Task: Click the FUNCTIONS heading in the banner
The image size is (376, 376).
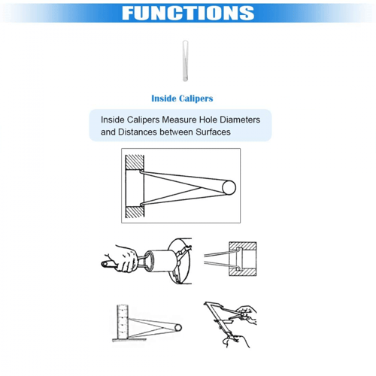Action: tap(188, 13)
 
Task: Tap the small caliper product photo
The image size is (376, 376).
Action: tap(185, 61)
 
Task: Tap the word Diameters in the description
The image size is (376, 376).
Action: tap(240, 120)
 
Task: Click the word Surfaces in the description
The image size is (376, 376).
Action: tap(213, 132)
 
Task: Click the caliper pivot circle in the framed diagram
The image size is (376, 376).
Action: tap(229, 187)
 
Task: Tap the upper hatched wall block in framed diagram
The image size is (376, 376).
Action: tap(135, 162)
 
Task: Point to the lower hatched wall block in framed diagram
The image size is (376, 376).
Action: tap(135, 212)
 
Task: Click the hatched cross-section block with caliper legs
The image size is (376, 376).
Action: tap(243, 259)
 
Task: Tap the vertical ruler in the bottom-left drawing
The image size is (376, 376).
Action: tap(123, 322)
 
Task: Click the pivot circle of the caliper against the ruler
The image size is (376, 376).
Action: tap(178, 328)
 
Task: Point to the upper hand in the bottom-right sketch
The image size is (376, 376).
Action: tap(246, 314)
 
